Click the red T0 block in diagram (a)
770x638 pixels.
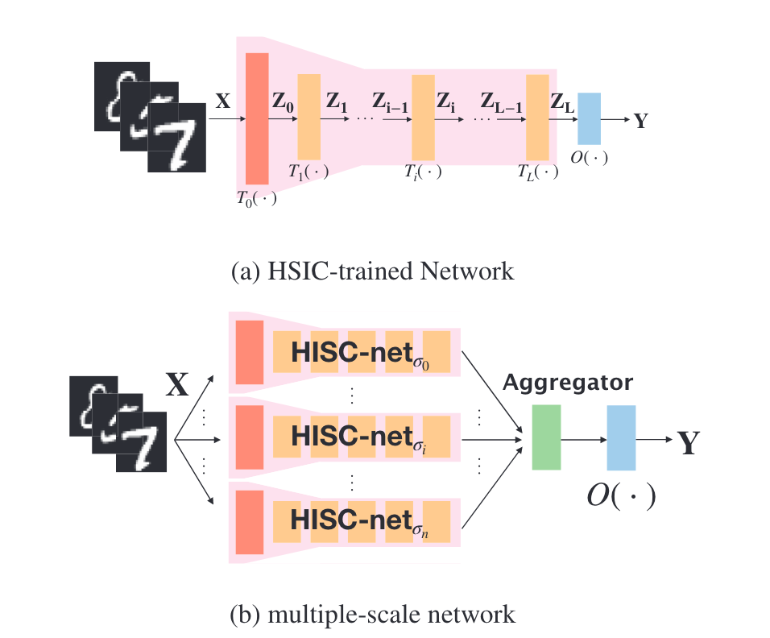point(257,118)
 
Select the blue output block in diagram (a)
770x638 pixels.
point(589,119)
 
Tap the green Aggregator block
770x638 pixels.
point(547,437)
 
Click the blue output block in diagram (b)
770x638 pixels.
point(621,437)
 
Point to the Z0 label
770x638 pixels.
point(284,102)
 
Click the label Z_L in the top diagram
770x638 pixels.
point(562,102)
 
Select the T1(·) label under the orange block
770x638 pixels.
point(308,172)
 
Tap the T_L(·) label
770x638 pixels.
point(538,172)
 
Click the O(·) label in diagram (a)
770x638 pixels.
point(590,157)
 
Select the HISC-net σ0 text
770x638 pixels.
point(360,354)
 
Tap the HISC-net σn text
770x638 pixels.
point(359,521)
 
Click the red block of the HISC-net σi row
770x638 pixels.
point(250,437)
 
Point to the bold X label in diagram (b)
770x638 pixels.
point(177,384)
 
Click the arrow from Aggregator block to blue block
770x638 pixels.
point(584,440)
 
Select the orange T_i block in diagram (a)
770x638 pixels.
point(423,118)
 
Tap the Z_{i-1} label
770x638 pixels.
point(390,102)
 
